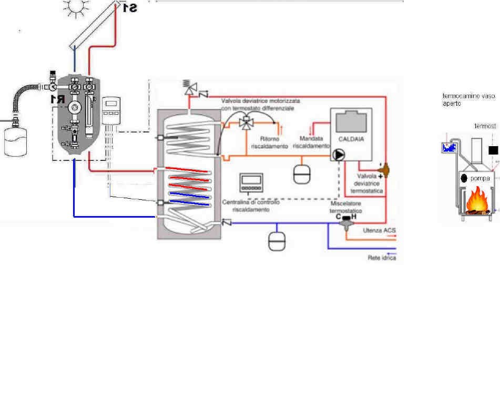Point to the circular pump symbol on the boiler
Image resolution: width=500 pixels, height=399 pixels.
point(336,156)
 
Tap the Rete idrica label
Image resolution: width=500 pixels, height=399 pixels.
point(382,258)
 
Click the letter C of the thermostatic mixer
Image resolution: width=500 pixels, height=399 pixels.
point(339,216)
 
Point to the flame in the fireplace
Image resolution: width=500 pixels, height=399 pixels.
point(475,202)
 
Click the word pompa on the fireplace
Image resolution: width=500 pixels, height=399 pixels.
point(480,179)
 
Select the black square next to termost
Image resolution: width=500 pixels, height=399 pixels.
point(493,150)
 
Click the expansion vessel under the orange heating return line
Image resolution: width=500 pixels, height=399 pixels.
point(302,175)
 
